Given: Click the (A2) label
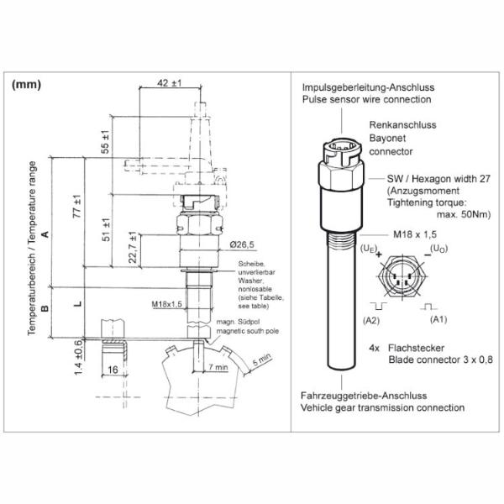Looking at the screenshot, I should click(x=371, y=321).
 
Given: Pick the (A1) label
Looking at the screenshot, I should click(x=438, y=320).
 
